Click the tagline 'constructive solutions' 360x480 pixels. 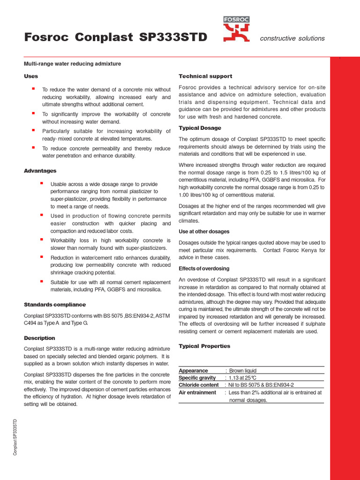click(x=292, y=38)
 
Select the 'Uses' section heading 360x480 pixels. click(x=31, y=76)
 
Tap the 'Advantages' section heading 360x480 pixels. click(x=40, y=171)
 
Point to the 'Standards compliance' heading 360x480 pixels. click(x=48, y=305)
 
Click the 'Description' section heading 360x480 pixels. click(x=39, y=338)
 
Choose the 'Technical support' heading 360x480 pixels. click(x=205, y=76)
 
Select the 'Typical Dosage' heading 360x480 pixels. click(x=200, y=128)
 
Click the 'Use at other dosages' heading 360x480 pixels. click(x=204, y=232)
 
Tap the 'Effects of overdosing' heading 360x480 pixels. click(x=204, y=269)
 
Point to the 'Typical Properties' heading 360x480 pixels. click(x=204, y=346)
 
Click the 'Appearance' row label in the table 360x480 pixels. click(x=193, y=370)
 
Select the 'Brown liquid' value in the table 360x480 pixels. click(x=242, y=370)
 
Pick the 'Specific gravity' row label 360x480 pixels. click(x=197, y=378)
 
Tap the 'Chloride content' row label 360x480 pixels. click(x=199, y=385)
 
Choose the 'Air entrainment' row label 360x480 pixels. click(x=197, y=392)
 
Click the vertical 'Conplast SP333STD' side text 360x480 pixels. click(x=15, y=437)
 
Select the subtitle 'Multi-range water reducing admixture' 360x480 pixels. click(x=72, y=63)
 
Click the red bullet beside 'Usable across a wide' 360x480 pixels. click(x=41, y=183)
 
